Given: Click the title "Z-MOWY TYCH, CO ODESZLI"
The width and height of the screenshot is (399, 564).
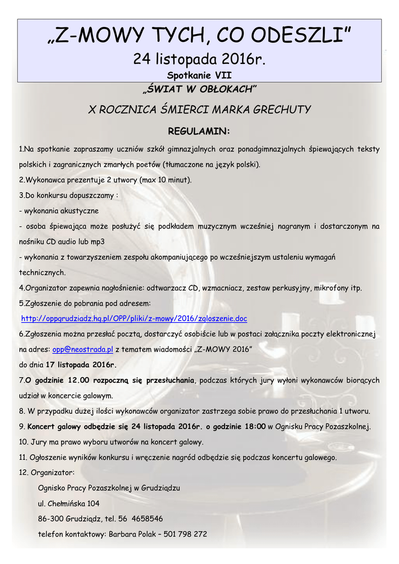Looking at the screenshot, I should (x=199, y=37).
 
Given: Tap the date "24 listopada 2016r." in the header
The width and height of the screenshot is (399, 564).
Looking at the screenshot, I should (x=199, y=59).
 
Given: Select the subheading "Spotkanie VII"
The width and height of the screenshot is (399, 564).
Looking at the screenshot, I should (x=199, y=75).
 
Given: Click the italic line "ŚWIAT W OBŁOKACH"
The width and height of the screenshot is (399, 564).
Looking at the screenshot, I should (x=199, y=89).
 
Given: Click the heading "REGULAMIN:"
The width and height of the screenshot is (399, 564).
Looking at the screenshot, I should (x=199, y=131).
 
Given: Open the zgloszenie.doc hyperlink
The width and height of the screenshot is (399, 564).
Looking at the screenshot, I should (x=134, y=318).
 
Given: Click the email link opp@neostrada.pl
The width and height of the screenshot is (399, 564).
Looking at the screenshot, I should (x=83, y=349).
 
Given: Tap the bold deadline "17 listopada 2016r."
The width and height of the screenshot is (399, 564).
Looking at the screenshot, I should (x=81, y=365).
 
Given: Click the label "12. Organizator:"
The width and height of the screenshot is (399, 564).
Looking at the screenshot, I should (x=47, y=472).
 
